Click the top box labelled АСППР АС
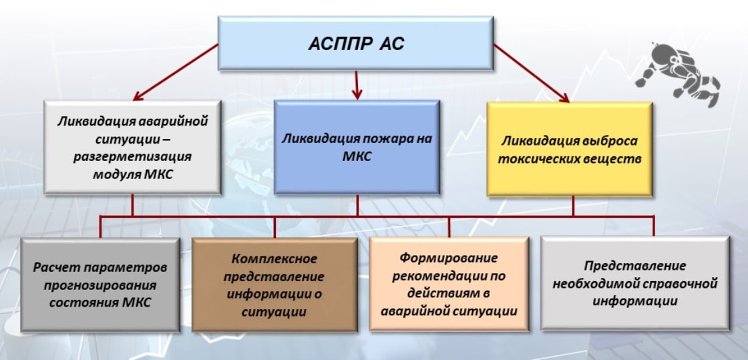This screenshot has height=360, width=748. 355,43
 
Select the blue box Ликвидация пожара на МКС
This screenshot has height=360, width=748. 357,147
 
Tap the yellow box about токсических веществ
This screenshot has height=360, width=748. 569,149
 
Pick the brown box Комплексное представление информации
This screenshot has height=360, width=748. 274,285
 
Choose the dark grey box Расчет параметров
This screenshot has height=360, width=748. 100,285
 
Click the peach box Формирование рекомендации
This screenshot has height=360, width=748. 449,284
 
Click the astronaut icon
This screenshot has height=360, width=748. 677,73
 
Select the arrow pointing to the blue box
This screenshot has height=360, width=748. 357,85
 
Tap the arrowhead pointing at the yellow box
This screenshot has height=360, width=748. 564,98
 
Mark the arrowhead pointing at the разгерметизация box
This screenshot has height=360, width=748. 138,96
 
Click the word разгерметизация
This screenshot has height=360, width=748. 132,157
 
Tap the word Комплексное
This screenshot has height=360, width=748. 274,259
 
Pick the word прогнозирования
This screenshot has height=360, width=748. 100,285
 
